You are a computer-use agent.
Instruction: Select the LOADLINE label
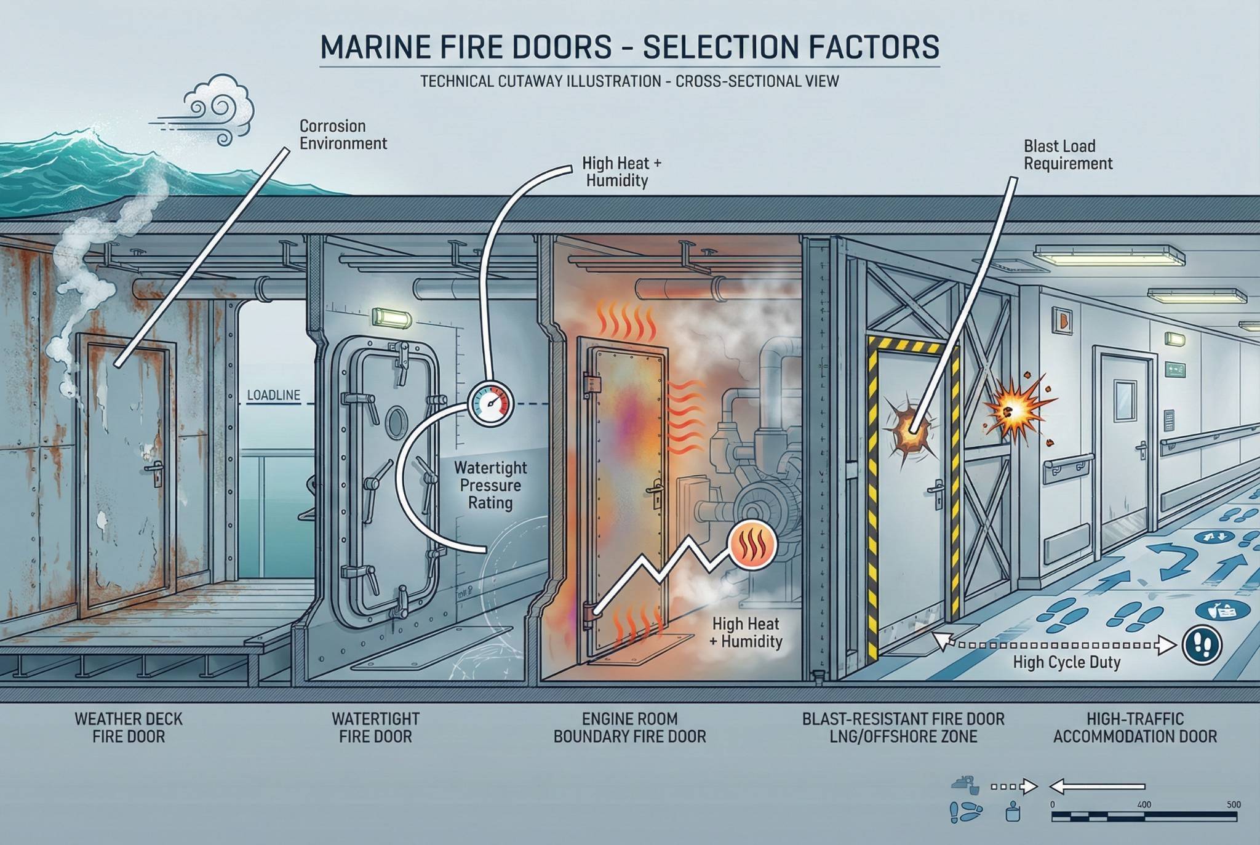pyautogui.click(x=273, y=395)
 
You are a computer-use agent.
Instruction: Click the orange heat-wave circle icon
pyautogui.click(x=752, y=545)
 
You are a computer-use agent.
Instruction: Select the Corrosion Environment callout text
pyautogui.click(x=343, y=135)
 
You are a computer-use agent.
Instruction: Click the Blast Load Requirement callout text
pyautogui.click(x=1067, y=155)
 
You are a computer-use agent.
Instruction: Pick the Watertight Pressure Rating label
pyautogui.click(x=490, y=485)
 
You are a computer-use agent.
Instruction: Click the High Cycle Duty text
pyautogui.click(x=1066, y=662)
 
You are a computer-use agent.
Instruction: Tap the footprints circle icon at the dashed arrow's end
pyautogui.click(x=1202, y=645)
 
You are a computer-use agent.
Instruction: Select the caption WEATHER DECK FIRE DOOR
pyautogui.click(x=129, y=727)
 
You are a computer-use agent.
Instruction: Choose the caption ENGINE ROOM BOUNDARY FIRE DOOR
pyautogui.click(x=629, y=727)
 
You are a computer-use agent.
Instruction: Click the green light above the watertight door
pyautogui.click(x=391, y=318)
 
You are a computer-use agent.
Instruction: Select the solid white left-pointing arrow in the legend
pyautogui.click(x=1096, y=787)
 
